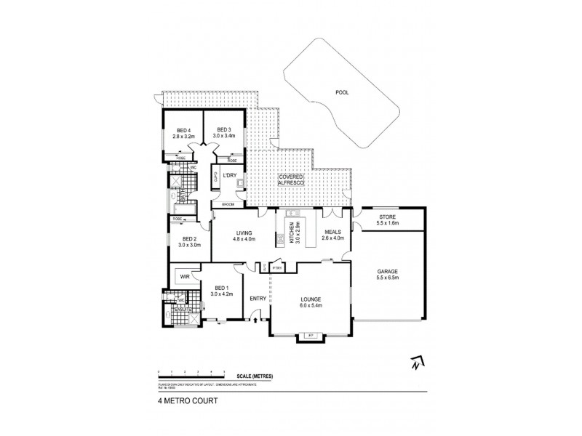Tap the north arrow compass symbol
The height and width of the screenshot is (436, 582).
click(416, 361)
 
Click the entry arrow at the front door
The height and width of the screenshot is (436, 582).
click(255, 318)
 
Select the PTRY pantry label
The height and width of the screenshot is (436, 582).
click(276, 268)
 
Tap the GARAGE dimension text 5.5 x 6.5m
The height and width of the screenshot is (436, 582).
click(388, 278)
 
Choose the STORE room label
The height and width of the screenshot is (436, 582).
click(388, 217)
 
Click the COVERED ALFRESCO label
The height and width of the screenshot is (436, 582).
click(291, 180)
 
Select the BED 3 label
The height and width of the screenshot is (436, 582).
click(223, 129)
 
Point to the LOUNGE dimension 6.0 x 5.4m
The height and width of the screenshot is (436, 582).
click(311, 305)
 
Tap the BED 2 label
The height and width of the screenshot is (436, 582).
click(189, 238)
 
